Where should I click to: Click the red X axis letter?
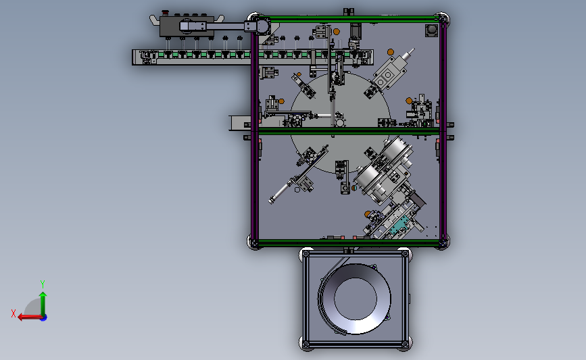pos(14,313)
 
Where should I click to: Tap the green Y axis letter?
pos(43,284)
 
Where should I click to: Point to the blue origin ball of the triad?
pos(44,317)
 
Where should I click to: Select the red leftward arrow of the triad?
pos(30,317)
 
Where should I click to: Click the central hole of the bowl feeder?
pos(356,299)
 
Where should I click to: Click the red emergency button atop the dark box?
pos(165,13)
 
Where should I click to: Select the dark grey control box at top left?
pos(187,26)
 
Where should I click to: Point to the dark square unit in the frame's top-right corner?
pos(432,30)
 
